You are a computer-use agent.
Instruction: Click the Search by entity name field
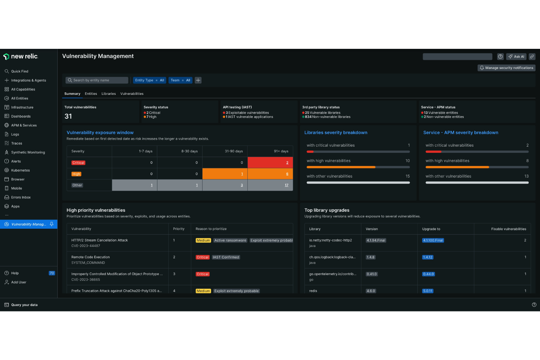coord(97,80)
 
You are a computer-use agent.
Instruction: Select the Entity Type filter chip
coord(149,80)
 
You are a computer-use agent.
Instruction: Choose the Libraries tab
coord(108,94)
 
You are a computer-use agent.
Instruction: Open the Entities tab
coord(91,94)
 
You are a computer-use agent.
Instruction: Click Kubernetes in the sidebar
coord(20,170)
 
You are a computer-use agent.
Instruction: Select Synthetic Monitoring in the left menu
coord(28,152)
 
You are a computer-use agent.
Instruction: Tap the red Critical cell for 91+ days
coord(270,163)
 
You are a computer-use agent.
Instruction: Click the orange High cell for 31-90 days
coord(225,174)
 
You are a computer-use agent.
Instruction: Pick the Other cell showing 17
coord(270,185)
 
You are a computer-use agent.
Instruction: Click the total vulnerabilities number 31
coord(68,116)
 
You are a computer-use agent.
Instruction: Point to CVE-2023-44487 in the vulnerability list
coord(86,246)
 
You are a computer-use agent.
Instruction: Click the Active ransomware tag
coord(230,240)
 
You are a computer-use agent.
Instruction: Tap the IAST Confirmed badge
coord(226,257)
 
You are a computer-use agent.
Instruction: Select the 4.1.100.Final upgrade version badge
coord(433,240)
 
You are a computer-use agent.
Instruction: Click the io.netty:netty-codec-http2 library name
coord(331,240)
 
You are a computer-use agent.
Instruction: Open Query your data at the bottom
coord(24,305)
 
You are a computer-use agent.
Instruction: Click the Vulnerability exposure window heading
coord(100,133)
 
